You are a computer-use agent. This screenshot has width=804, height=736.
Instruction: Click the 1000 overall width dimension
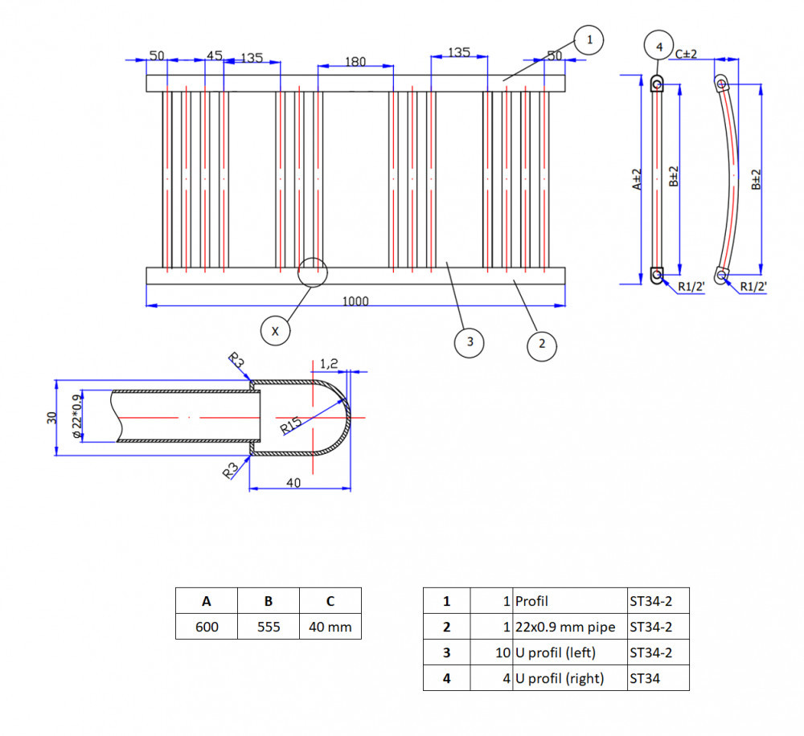pos(355,301)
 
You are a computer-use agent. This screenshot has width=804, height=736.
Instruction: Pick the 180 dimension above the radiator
pos(355,62)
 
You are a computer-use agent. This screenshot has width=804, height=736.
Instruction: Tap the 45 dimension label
pos(215,55)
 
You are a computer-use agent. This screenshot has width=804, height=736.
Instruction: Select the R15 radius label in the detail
pos(291,426)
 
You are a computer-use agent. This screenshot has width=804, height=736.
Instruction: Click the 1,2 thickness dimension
pos(329,363)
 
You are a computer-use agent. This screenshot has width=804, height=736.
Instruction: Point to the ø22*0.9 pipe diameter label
pos(76,416)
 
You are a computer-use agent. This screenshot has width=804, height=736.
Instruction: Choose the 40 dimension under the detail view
pos(293,483)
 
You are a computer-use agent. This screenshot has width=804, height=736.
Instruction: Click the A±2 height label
pos(636,179)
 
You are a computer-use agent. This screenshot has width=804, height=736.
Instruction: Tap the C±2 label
pos(686,54)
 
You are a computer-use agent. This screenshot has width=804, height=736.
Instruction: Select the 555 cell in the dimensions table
pos(269,626)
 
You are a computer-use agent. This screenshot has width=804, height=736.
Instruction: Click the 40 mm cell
pos(330,626)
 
